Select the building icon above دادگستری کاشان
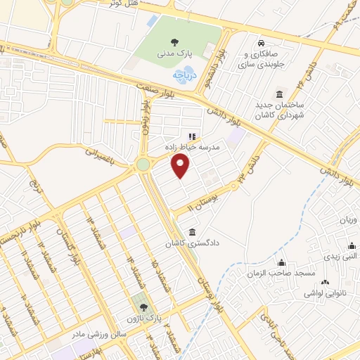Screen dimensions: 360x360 pos(193,233)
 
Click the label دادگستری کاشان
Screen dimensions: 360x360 pos(188,244)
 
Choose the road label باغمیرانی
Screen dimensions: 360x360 pos(96,150)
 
